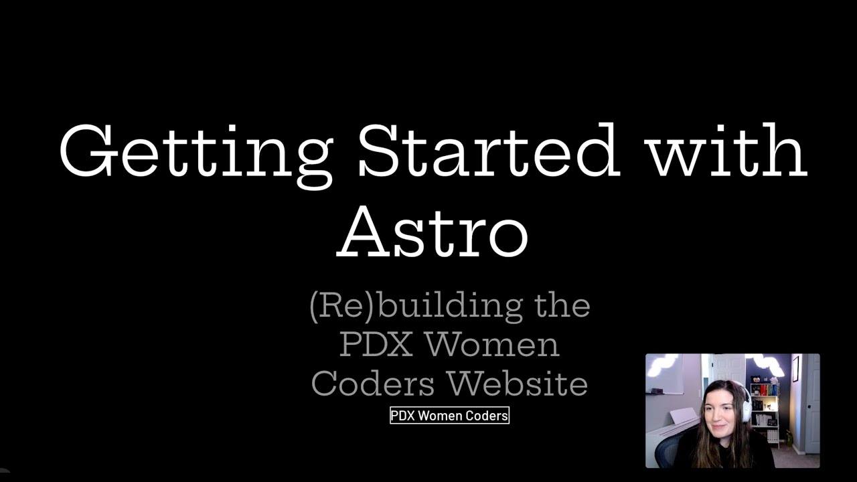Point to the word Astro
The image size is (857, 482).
(x=433, y=231)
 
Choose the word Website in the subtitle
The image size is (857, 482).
(x=518, y=384)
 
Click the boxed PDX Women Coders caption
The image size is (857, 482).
(x=449, y=416)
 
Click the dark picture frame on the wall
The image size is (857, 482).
(x=795, y=368)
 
